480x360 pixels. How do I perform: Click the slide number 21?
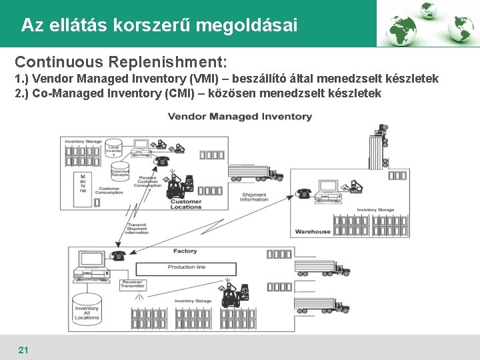tap(23, 349)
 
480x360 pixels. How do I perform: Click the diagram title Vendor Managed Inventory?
tap(239, 117)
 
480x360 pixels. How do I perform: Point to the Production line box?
tap(186, 267)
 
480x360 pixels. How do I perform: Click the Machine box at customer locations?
tap(83, 183)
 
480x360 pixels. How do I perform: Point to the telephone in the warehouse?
tap(304, 194)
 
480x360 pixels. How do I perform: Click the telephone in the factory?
tap(119, 255)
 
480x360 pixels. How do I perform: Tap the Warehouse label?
tap(312, 231)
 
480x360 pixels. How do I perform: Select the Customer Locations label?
tap(186, 204)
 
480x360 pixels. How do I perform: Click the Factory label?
tap(185, 251)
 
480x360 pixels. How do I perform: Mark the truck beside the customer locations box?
tap(255, 173)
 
